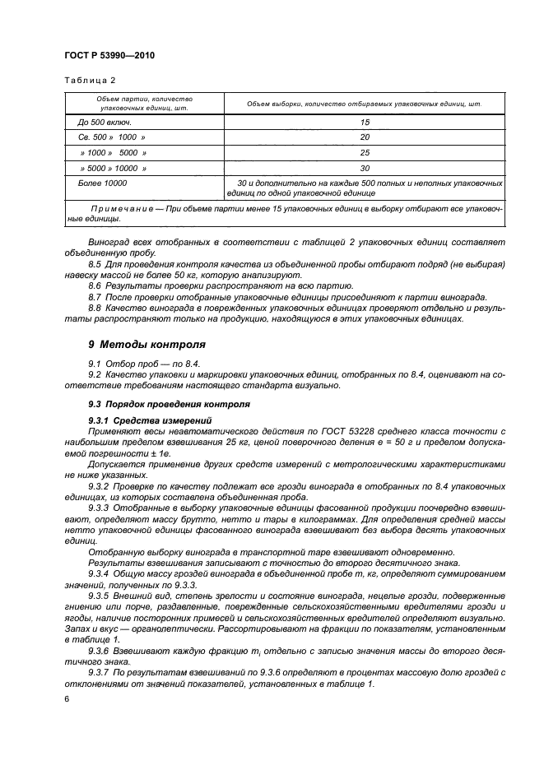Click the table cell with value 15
(x=365, y=123)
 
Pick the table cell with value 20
(x=365, y=137)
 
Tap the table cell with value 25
(x=365, y=152)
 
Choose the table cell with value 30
(x=365, y=167)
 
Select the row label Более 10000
(x=102, y=182)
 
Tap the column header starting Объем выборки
(x=365, y=104)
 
